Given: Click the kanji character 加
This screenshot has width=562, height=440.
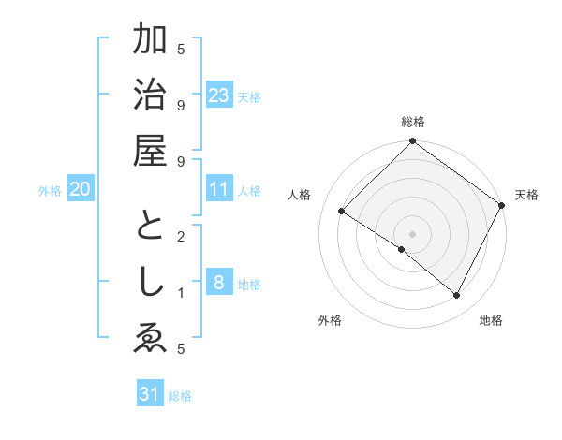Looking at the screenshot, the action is [150, 42].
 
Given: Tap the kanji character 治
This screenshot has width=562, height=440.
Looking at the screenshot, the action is [150, 95].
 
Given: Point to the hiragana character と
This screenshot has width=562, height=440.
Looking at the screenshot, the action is [150, 230].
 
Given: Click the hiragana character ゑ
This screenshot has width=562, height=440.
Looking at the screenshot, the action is [150, 339].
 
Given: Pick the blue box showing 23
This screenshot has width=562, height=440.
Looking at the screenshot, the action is [219, 95].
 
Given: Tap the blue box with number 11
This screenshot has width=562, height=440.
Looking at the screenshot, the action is [219, 190].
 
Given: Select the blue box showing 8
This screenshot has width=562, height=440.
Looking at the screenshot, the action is [219, 284].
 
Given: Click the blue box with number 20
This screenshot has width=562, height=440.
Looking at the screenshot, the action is [80, 190].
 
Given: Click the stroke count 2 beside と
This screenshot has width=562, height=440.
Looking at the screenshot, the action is [181, 236].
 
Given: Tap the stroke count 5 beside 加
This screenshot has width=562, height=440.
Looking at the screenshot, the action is [181, 49].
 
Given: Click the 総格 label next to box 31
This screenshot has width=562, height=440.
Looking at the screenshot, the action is [180, 396].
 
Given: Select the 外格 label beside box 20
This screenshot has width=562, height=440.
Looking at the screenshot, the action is [50, 191].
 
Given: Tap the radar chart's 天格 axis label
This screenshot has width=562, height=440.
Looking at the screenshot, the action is [527, 195].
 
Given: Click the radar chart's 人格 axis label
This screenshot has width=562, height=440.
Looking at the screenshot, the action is [300, 195].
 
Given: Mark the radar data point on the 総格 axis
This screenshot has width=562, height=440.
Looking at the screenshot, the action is [412, 142].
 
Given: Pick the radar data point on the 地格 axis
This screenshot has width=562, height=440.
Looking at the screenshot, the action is [457, 296].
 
